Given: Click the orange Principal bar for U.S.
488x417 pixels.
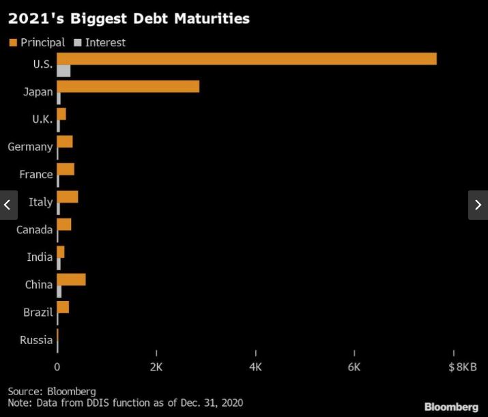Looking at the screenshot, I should tap(246, 59).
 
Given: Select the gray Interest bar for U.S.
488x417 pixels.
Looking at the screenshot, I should tap(63, 71).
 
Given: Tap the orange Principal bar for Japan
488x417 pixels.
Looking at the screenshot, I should tap(128, 86).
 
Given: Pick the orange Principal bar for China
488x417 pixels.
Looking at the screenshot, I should tap(71, 279).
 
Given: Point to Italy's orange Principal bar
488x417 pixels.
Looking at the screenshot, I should tap(67, 197).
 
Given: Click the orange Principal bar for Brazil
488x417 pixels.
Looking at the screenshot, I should tap(63, 306).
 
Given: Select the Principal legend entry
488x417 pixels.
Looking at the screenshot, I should tap(37, 42).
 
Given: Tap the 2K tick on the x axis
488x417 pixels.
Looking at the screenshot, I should tap(156, 367).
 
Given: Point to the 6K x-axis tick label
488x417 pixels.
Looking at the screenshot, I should tap(354, 367).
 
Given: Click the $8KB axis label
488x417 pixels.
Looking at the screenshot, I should tap(462, 367).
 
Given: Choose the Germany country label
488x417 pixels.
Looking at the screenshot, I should tap(30, 147).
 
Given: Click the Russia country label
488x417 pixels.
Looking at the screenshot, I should tap(36, 340).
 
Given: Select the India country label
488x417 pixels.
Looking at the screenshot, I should tap(40, 257).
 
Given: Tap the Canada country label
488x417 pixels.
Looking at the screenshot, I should tap(35, 229).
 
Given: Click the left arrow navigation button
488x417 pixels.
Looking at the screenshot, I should tap(8, 205).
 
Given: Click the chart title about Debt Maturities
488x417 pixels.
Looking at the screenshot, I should tap(128, 18).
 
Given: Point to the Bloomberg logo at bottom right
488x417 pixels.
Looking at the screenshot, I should tap(451, 407).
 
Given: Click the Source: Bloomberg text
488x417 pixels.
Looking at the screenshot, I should tap(52, 392).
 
